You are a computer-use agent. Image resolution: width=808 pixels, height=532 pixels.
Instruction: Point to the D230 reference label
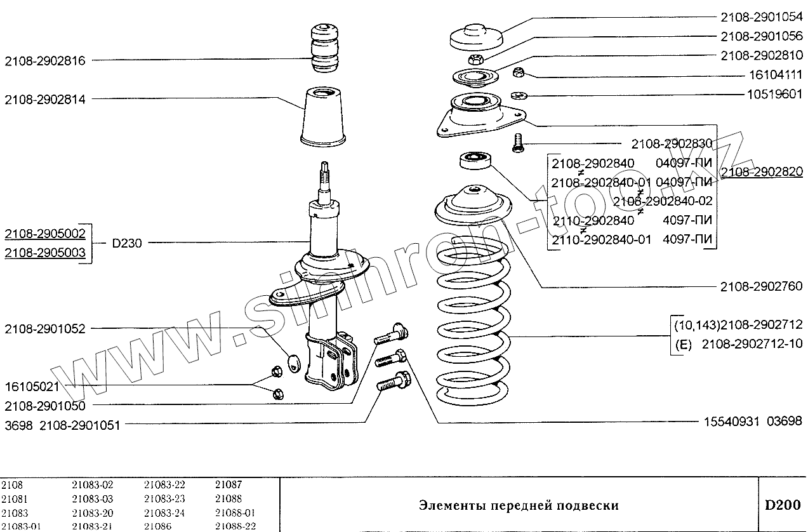point(127,243)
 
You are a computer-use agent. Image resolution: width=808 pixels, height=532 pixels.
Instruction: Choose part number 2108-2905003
point(45,253)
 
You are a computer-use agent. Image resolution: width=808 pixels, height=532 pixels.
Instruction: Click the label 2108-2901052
point(45,329)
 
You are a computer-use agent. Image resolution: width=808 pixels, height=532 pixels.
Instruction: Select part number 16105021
point(32,386)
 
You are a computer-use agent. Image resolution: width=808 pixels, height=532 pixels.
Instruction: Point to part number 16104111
point(771,75)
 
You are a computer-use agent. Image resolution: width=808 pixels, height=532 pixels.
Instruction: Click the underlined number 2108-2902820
point(762,171)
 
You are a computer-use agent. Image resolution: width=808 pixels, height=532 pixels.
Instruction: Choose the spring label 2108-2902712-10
point(752,344)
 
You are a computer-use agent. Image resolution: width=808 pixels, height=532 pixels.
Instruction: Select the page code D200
point(781,505)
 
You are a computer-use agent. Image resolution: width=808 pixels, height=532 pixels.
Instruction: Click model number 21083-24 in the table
point(164,512)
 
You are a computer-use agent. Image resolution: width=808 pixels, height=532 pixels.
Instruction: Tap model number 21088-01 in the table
point(235,512)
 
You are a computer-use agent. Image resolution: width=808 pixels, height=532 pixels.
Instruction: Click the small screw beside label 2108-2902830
point(518,143)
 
